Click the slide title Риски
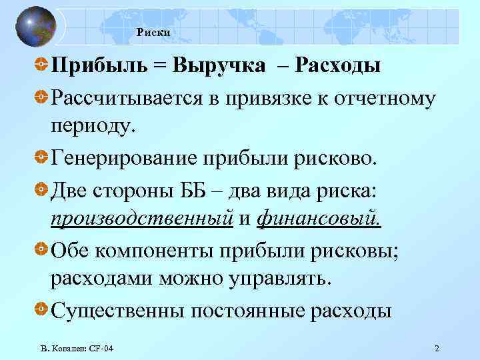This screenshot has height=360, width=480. (x=154, y=32)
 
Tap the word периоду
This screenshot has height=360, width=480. (x=92, y=126)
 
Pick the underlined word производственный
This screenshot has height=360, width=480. (x=141, y=219)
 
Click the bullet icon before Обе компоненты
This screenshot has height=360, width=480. (x=41, y=249)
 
